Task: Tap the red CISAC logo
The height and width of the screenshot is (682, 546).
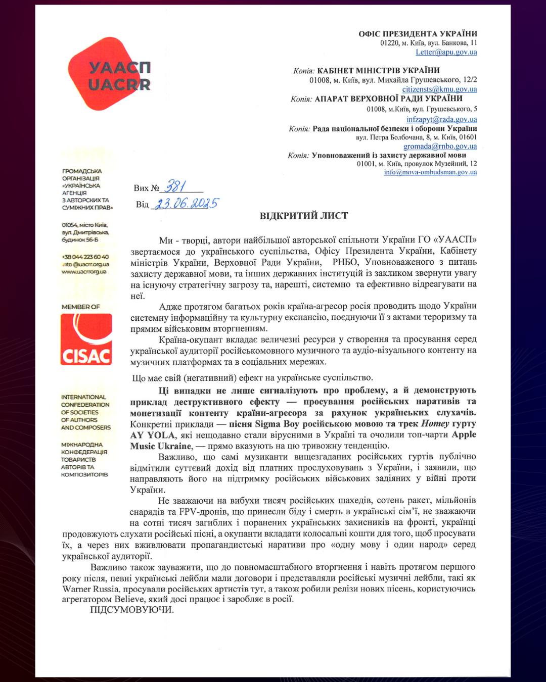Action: pyautogui.click(x=86, y=339)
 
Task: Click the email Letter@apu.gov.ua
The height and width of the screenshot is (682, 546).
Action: pyautogui.click(x=446, y=52)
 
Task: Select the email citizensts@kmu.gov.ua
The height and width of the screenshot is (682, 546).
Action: pyautogui.click(x=439, y=89)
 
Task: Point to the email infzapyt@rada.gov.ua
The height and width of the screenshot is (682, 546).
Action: pyautogui.click(x=441, y=119)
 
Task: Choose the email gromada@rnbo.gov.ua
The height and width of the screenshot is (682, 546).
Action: pyautogui.click(x=440, y=146)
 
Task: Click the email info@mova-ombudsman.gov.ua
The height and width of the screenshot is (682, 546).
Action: pyautogui.click(x=430, y=172)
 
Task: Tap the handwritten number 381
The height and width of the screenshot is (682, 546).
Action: pyautogui.click(x=175, y=187)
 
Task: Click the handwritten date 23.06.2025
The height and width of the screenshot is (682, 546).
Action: pyautogui.click(x=186, y=204)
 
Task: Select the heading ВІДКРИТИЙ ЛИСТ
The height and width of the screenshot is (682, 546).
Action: pyautogui.click(x=303, y=216)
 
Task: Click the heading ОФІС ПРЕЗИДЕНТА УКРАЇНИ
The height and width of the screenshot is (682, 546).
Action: pyautogui.click(x=418, y=34)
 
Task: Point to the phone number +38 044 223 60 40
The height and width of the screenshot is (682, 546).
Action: pyautogui.click(x=85, y=257)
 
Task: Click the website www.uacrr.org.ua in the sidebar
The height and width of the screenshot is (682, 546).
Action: pyautogui.click(x=84, y=271)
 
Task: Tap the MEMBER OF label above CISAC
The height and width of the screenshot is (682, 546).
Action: pyautogui.click(x=81, y=307)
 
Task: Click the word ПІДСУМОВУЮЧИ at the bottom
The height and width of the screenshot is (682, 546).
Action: pyautogui.click(x=131, y=610)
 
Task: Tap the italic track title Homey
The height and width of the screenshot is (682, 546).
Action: pyautogui.click(x=435, y=423)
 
